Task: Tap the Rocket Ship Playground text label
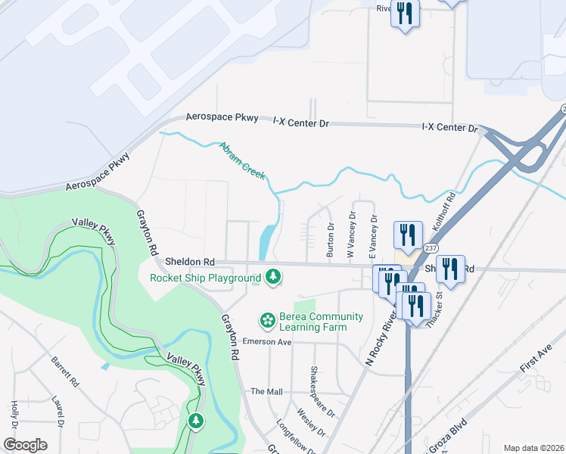[205, 278]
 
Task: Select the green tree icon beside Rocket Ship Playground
[273, 278]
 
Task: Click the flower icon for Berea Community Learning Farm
[267, 322]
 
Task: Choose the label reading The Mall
[266, 391]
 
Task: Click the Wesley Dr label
[311, 423]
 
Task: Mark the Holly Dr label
[14, 415]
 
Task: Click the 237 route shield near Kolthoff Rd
[430, 247]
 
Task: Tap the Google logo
[26, 445]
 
